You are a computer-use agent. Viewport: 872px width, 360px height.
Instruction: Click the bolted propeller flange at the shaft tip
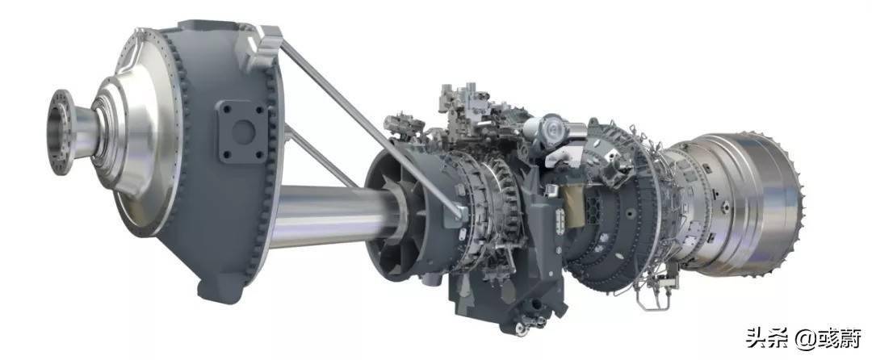[x=61, y=132]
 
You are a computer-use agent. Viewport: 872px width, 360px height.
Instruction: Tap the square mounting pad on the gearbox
[x=242, y=132]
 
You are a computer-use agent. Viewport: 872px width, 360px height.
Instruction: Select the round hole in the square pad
[x=243, y=132]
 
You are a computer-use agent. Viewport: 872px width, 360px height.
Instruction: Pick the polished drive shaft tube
[x=333, y=215]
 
